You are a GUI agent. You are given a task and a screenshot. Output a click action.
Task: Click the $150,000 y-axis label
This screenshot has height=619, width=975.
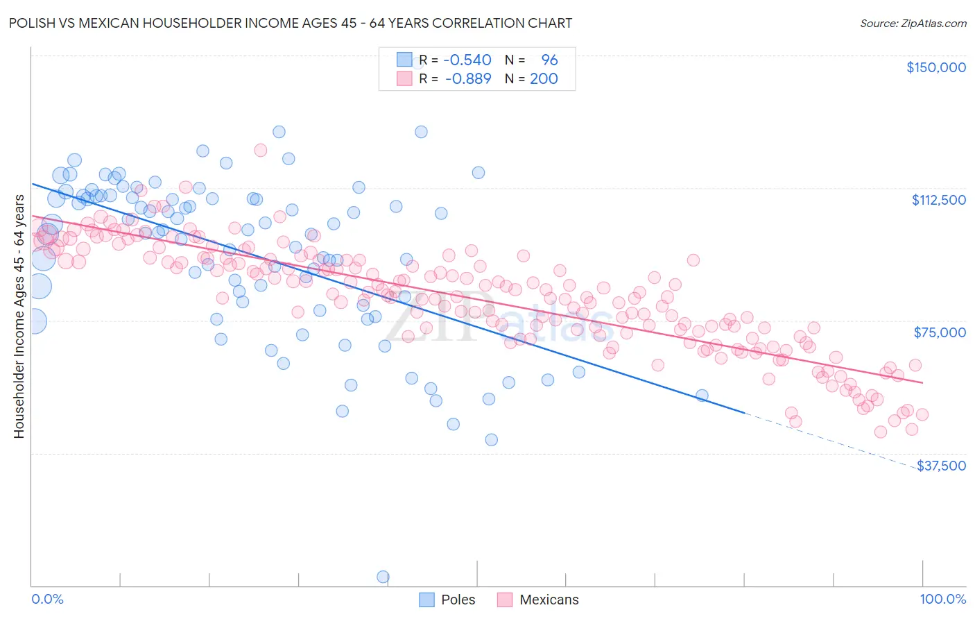click(x=935, y=67)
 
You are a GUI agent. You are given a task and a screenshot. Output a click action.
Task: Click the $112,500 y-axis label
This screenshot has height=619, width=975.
click(x=938, y=200)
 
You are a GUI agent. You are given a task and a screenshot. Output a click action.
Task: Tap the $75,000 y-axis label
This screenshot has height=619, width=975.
click(x=939, y=332)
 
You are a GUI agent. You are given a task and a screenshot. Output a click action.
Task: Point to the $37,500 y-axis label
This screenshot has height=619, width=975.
click(x=940, y=466)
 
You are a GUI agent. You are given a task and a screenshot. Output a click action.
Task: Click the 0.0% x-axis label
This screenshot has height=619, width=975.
click(x=47, y=599)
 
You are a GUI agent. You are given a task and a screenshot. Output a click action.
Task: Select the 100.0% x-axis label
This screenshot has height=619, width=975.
click(x=942, y=599)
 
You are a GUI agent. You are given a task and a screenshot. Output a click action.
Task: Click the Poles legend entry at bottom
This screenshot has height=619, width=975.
click(x=447, y=600)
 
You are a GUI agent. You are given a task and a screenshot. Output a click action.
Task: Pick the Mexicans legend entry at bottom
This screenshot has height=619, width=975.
click(x=538, y=600)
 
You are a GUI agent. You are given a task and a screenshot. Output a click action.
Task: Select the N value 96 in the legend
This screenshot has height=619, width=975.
click(x=549, y=60)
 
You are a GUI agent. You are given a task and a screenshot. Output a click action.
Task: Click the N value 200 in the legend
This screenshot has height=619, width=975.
click(x=544, y=78)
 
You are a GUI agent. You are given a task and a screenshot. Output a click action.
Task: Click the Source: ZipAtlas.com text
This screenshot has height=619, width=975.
click(x=913, y=23)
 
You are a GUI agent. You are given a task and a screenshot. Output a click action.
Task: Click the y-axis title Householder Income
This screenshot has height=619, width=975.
click(x=19, y=316)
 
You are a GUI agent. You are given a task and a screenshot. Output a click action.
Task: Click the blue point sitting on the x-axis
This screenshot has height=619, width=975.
click(x=383, y=577)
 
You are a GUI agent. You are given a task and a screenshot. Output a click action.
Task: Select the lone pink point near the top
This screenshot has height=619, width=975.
click(x=261, y=150)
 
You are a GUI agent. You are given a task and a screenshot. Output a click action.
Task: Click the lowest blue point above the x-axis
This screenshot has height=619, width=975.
click(x=491, y=439)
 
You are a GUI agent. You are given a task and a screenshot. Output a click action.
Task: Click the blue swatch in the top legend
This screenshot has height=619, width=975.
click(x=404, y=60)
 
